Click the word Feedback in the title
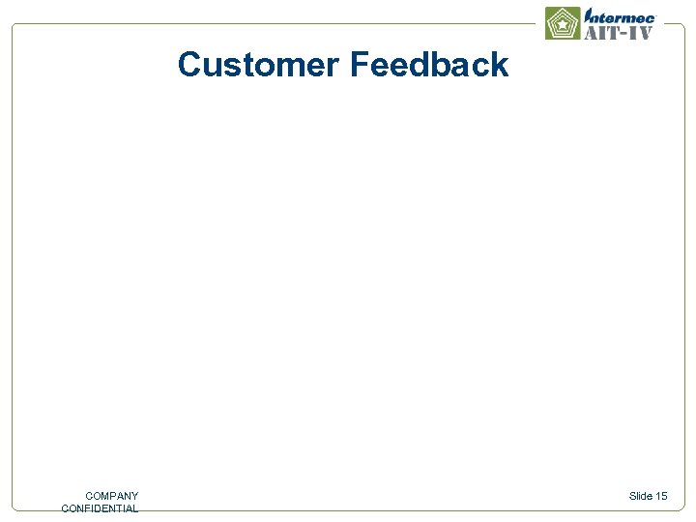[x=429, y=66]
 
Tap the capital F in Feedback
[x=359, y=66]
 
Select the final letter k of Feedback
[x=500, y=66]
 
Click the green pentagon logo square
[x=563, y=23]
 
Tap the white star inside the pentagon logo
[x=563, y=24]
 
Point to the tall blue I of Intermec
[x=588, y=15]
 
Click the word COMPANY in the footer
[x=111, y=496]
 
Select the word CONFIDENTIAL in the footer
[x=100, y=508]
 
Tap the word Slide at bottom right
[x=641, y=496]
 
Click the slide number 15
[x=661, y=496]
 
